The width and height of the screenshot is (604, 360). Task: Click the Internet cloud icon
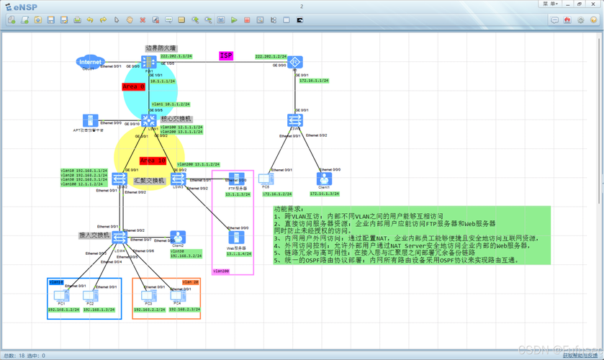click(x=91, y=62)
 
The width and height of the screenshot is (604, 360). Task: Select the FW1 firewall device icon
click(x=150, y=63)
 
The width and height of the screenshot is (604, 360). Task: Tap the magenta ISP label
click(x=226, y=55)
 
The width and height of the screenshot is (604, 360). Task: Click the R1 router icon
click(x=294, y=63)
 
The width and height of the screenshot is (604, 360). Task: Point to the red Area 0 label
click(x=133, y=86)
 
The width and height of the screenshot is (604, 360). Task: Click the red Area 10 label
click(x=153, y=160)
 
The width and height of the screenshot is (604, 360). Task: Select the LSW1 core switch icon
click(x=149, y=120)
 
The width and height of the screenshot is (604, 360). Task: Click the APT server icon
click(x=90, y=121)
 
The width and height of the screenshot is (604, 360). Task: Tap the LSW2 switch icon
click(x=120, y=178)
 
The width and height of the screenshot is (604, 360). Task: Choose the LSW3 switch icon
click(x=178, y=178)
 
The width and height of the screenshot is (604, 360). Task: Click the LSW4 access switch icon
click(x=120, y=237)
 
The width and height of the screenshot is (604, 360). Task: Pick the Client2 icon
click(x=178, y=237)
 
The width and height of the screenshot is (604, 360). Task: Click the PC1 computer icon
click(x=61, y=295)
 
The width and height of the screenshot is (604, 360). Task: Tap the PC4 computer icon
click(x=176, y=295)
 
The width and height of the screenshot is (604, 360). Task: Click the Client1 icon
click(x=324, y=179)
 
